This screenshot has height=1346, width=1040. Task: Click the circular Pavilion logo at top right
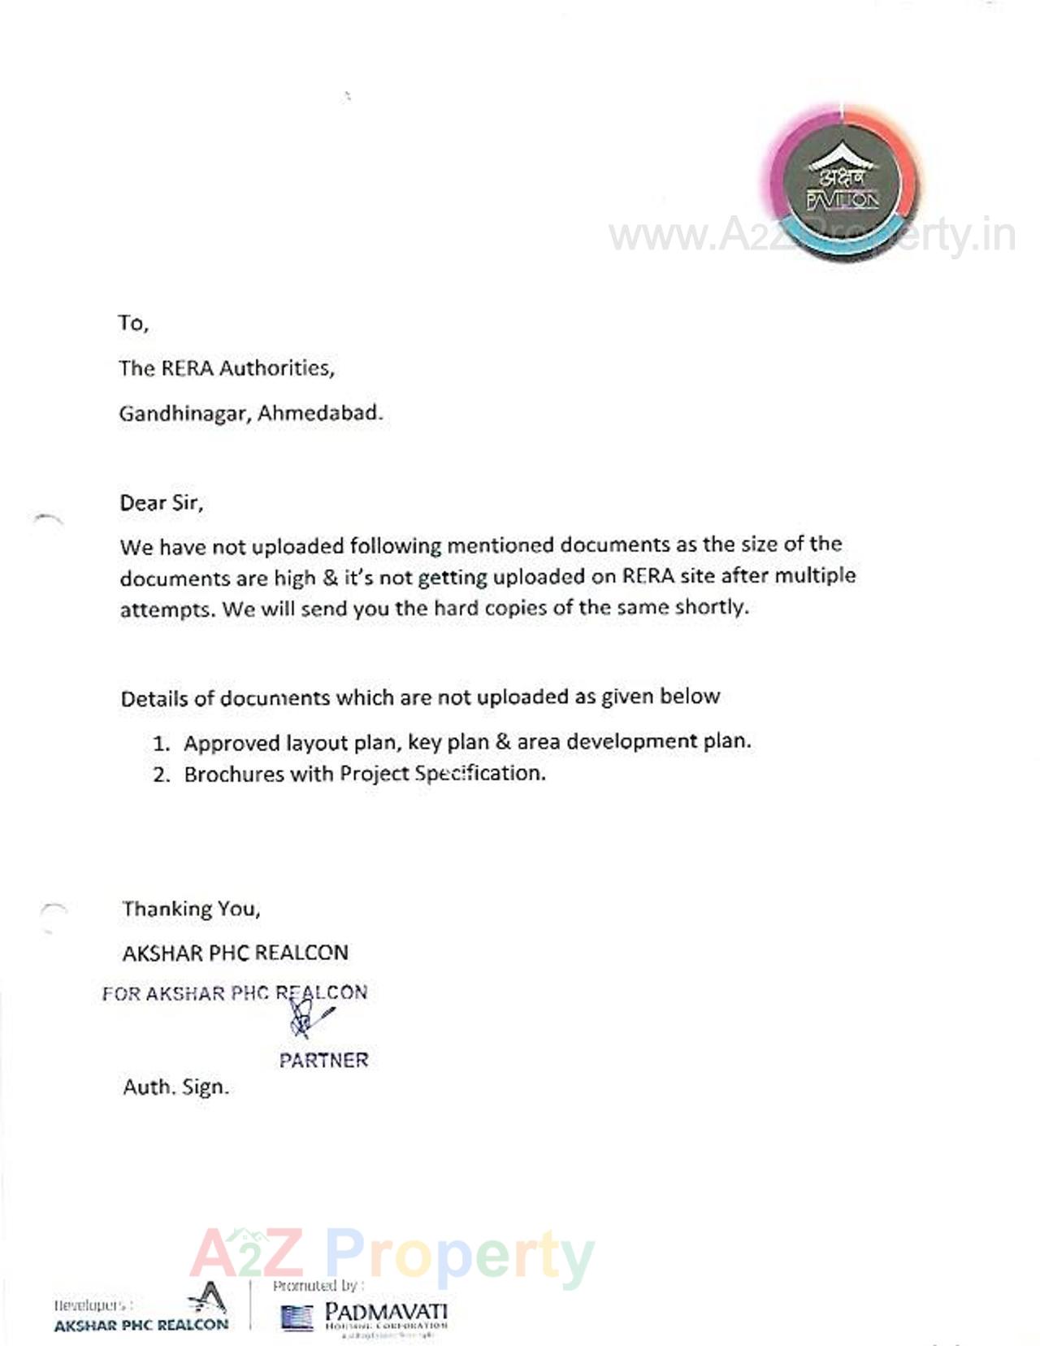[842, 183]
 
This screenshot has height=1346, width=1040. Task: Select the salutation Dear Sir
[161, 503]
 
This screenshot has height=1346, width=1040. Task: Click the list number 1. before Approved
[162, 744]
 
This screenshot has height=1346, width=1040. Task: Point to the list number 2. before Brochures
[162, 775]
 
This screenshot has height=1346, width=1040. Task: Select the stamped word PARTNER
[323, 1060]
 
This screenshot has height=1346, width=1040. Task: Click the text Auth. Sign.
[175, 1088]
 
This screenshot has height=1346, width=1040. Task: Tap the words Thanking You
[191, 909]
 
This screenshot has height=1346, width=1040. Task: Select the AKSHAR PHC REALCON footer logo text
[141, 1325]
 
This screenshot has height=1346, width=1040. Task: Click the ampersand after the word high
[330, 578]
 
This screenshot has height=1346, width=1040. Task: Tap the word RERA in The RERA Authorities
[187, 369]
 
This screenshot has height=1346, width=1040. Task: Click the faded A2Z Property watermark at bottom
[392, 1256]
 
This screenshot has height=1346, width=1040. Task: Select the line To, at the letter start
[133, 323]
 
